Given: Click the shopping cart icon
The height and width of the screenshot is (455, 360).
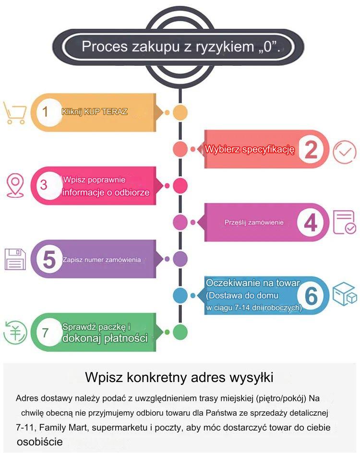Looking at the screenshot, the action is coord(14,113).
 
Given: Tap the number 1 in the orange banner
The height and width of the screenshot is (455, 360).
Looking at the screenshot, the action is coord(45,112).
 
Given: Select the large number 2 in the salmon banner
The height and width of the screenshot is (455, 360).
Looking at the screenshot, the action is coord(311,149).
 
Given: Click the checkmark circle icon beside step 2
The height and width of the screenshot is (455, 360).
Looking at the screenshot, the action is coord(344,152).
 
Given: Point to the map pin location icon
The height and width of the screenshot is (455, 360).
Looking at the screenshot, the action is coord(15,185).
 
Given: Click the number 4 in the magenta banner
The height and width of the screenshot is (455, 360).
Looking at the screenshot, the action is coord(311,223).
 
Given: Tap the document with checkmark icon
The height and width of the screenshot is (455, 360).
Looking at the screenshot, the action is coord(344,222).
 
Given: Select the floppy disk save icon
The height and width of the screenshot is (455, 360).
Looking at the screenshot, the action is coord(15,259).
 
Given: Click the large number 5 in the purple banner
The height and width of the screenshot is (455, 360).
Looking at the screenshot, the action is coord(49,259).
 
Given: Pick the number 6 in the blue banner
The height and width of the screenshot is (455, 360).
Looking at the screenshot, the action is coord(311,296).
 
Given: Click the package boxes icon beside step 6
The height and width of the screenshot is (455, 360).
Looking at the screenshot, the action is coord(345,294).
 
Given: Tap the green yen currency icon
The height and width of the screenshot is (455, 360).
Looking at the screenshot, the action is coord(15,333).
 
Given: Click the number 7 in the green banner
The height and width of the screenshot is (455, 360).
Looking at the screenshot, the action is coord(45,333).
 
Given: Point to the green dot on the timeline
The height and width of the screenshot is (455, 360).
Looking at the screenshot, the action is coord(180,332).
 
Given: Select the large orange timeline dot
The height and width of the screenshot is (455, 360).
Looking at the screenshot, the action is coord(180,112).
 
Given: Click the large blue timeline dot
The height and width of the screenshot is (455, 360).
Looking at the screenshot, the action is coord(180,295).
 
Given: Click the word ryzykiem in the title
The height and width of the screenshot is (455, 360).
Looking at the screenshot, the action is coord(225,47).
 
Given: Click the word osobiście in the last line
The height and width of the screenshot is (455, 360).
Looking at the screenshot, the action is coord(40,442).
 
